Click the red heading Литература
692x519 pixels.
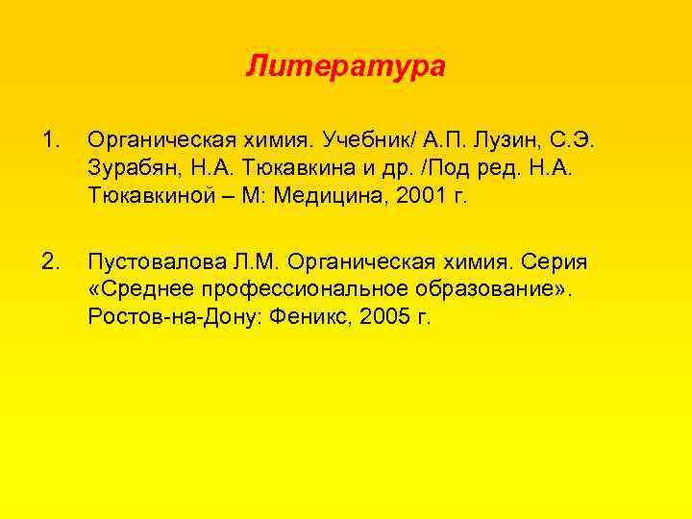[x=345, y=67]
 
